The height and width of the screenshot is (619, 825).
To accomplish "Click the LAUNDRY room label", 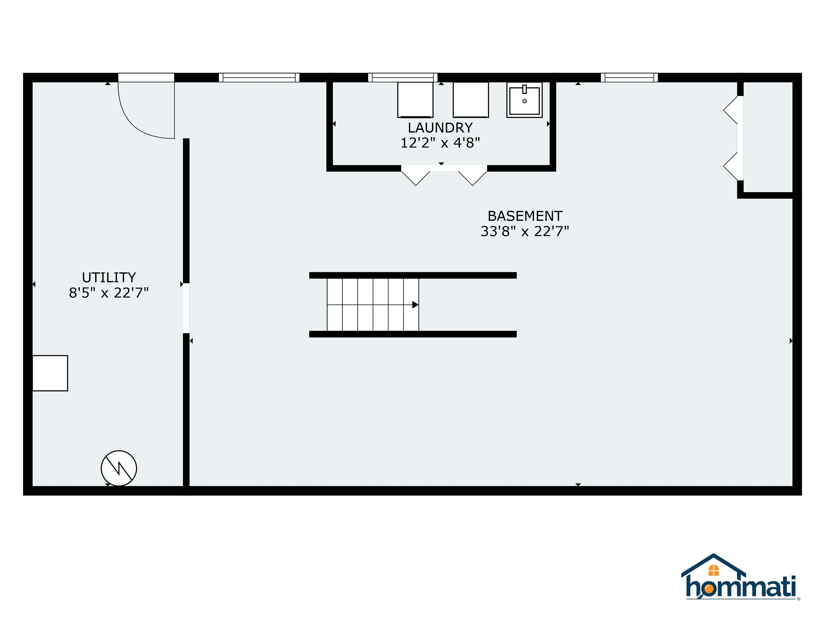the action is pos(440,128).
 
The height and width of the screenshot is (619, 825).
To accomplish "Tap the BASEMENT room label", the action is pos(525,216).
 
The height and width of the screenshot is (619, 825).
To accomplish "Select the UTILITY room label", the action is pos(109,278).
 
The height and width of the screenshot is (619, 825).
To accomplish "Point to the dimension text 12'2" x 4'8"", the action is pos(440,143).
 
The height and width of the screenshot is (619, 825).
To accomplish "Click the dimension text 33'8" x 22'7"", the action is pos(525,231).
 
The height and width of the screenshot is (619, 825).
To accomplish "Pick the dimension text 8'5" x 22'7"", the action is pos(109,293).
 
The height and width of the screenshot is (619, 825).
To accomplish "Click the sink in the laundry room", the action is pos(524,100).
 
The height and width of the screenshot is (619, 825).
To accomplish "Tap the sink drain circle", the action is pos(524,101).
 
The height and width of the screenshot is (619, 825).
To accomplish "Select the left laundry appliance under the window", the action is pos(415,100).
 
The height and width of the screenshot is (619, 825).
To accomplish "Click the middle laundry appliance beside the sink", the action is pos(471,100).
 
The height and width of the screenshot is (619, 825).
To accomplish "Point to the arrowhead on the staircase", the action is pos(415,305).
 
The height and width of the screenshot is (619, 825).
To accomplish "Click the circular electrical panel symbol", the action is pos(119,468).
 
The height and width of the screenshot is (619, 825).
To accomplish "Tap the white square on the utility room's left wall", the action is pos(50,373).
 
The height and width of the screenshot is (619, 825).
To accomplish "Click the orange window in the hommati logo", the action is pos(714,570).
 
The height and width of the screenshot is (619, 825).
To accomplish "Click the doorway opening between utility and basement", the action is pos(186,308).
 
